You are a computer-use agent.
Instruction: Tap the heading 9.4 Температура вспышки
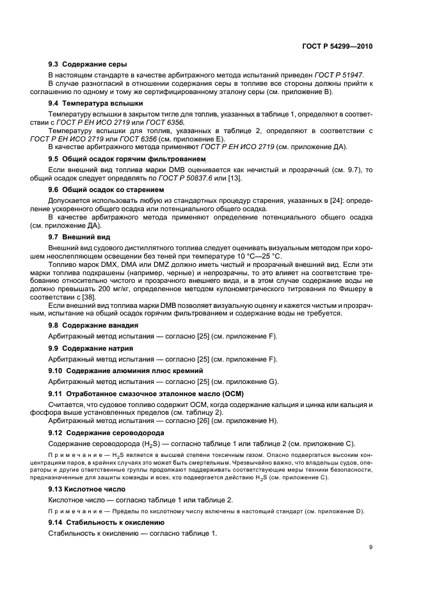(x=95, y=102)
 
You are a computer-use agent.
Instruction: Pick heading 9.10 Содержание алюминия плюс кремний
(x=126, y=371)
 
